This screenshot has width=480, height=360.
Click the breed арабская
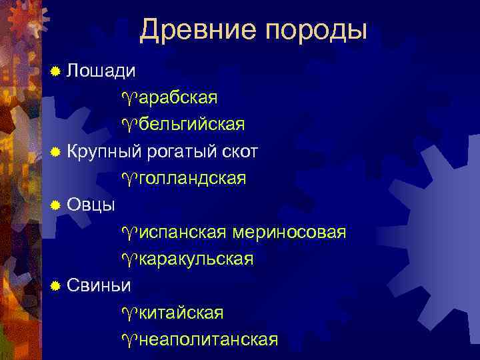click(178, 98)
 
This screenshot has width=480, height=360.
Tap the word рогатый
click(183, 152)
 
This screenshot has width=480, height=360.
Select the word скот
click(241, 151)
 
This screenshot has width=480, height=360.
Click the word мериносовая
click(289, 232)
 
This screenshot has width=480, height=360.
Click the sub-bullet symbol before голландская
click(130, 179)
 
